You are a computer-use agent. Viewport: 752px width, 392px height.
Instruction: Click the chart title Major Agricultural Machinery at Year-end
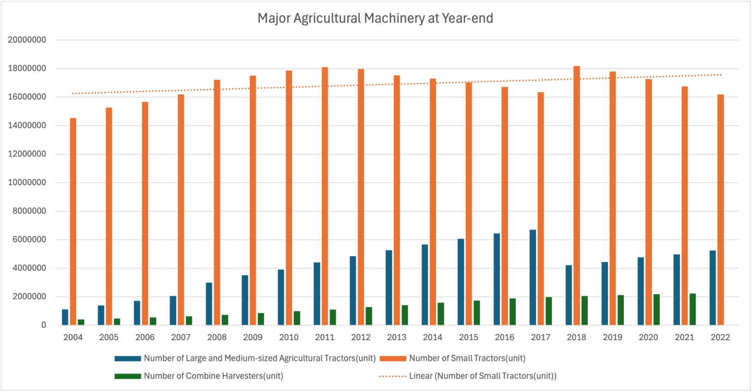pos(375,19)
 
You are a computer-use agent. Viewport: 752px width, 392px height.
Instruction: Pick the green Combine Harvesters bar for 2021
pos(693,310)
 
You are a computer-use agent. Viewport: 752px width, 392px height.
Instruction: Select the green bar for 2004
pos(81,322)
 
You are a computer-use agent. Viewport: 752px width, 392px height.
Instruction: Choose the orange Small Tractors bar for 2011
pos(325,196)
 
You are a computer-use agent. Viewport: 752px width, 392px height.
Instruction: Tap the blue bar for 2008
pos(209,304)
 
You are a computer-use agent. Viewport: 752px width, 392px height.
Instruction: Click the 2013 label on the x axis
pos(397,337)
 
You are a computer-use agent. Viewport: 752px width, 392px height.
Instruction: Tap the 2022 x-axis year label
pos(721,337)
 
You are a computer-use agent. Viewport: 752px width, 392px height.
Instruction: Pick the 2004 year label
pos(73,337)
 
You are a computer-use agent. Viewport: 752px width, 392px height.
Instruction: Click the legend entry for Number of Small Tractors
pos(467,359)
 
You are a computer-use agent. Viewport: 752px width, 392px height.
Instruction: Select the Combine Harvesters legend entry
pos(213,376)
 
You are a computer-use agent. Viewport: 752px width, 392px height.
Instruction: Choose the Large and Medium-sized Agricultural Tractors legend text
pos(260,359)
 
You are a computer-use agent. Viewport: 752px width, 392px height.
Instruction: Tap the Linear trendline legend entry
pos(483,376)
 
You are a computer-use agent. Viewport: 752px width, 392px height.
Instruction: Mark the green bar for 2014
pos(441,314)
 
